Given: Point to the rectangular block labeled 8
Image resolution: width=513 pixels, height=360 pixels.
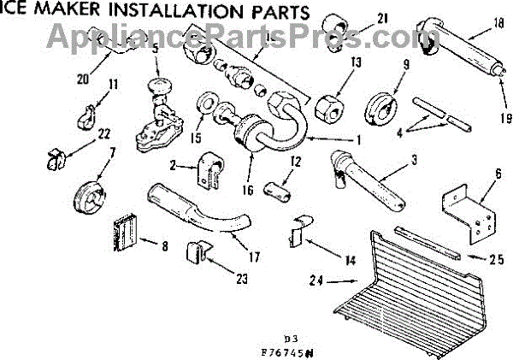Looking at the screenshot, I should click(126, 231).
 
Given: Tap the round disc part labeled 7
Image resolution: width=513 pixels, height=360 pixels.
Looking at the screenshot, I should click(87, 195).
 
